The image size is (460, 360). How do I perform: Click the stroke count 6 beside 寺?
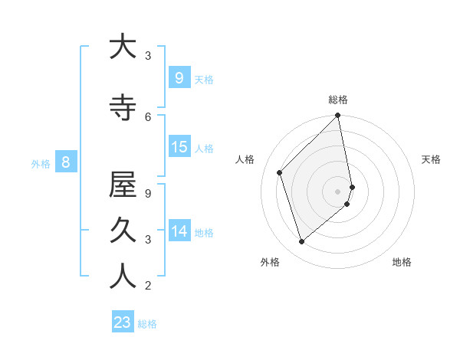(148, 116)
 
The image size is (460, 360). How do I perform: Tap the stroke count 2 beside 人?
(148, 286)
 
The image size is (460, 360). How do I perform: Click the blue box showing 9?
(179, 78)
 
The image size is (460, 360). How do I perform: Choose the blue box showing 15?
(179, 147)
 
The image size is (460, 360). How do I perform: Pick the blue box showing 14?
(179, 231)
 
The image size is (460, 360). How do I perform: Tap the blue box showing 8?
(66, 162)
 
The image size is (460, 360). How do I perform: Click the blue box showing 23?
(123, 322)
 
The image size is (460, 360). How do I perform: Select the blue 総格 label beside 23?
(148, 324)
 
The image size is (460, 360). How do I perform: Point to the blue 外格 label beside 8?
(41, 163)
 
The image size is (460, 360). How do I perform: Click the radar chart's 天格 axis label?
(431, 159)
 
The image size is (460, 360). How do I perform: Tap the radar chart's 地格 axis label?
(402, 262)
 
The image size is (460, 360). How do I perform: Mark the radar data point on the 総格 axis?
(338, 116)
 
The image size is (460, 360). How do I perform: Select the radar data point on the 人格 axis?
(280, 172)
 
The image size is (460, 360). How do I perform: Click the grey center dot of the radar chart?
(338, 191)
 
